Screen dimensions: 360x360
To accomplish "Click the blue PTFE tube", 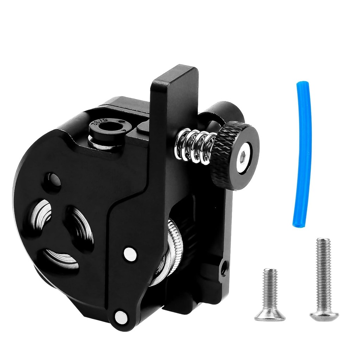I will coord(303,155).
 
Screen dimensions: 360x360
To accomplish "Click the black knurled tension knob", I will coord(234,155).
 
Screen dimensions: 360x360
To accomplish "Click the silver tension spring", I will coord(194,145).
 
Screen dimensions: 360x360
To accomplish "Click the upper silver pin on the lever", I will coord(130,254).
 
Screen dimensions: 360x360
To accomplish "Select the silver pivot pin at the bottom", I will coord(121,316).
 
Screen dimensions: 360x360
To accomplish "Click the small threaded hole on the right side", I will coord(223,269).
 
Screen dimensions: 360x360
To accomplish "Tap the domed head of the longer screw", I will coord(324,315).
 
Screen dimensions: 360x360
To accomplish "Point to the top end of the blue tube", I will coord(302,85).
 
